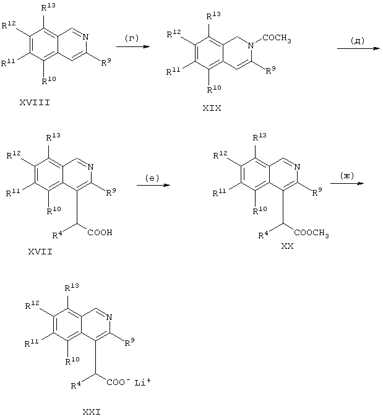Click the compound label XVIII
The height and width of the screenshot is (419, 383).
(35, 102)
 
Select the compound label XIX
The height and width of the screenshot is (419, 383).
(212, 108)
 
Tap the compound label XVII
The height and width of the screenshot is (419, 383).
(40, 251)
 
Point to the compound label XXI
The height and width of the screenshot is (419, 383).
(92, 412)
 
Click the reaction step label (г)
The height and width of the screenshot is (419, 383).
(132, 38)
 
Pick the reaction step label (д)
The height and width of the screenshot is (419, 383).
(358, 41)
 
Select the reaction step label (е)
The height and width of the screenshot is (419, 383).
(152, 178)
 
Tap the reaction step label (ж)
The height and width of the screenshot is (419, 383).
(347, 176)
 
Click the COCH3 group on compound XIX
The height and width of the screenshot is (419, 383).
(277, 38)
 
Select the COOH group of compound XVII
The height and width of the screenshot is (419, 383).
(100, 233)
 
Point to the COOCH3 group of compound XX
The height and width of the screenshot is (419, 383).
(311, 233)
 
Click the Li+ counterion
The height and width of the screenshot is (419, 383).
(142, 382)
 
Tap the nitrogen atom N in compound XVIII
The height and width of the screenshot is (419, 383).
(85, 37)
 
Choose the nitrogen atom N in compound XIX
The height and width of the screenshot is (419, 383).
(251, 46)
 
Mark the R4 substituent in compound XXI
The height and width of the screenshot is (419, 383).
(76, 386)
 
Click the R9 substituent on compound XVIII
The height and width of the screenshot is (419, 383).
(106, 63)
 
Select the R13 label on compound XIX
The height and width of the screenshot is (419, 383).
(213, 15)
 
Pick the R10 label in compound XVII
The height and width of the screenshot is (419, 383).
(54, 210)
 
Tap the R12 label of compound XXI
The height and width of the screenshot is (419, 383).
(32, 305)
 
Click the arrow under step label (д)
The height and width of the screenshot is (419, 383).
(358, 48)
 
